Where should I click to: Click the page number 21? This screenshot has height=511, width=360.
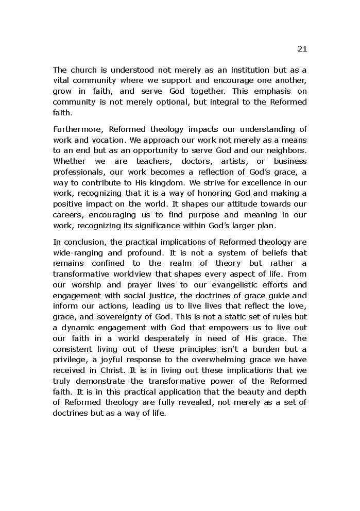(302, 49)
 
